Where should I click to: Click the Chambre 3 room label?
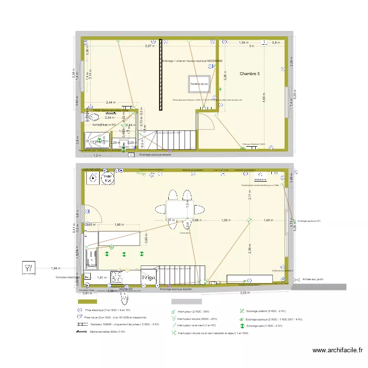click(x=250, y=74)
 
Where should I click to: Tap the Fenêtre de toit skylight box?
click(x=200, y=84)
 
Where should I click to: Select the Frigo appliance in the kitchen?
click(x=149, y=277)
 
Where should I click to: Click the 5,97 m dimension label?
click(x=149, y=46)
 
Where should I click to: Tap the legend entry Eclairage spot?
click(x=262, y=326)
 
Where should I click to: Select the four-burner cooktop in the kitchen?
click(x=120, y=278)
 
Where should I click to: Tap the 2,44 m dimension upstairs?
click(x=110, y=103)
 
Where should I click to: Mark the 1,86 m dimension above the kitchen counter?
click(x=118, y=224)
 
